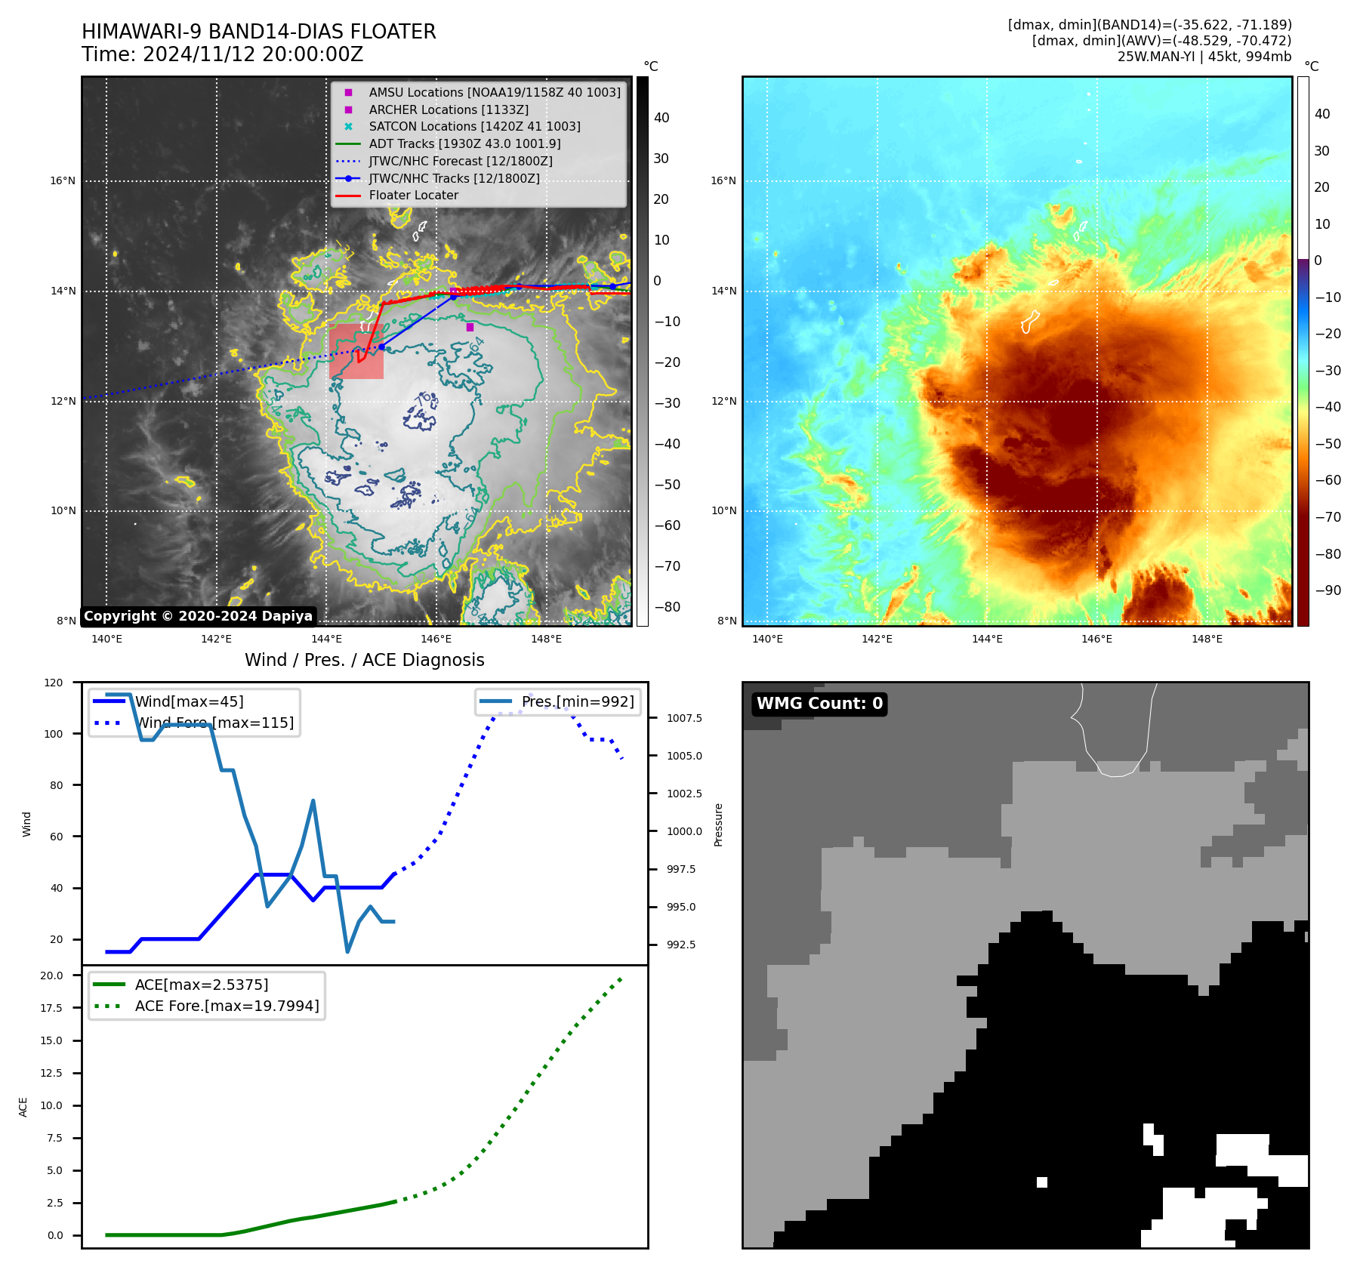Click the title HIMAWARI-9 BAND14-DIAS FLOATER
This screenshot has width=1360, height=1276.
[x=258, y=32]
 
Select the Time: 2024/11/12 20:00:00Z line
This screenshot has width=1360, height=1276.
[x=222, y=54]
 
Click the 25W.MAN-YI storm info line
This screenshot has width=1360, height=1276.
[x=1204, y=57]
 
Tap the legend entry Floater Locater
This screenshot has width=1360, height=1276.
[x=413, y=196]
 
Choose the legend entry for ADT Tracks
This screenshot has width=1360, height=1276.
[x=464, y=143]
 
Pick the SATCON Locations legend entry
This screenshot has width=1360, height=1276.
[x=474, y=126]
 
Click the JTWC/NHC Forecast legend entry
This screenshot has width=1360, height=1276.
[x=460, y=161]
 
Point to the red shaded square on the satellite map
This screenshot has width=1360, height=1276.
[x=356, y=351]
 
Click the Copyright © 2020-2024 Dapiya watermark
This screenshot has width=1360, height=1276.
[x=198, y=616]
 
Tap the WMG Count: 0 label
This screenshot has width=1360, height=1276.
[x=819, y=704]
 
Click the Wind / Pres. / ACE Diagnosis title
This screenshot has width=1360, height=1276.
[x=364, y=660]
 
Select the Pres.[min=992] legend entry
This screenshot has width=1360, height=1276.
[x=577, y=701]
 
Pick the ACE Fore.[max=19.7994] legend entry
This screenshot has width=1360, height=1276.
[x=227, y=1006]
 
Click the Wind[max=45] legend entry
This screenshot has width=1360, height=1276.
[x=189, y=701]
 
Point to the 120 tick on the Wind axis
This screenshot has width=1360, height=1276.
[x=54, y=683]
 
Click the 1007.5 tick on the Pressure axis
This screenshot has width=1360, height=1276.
[x=684, y=718]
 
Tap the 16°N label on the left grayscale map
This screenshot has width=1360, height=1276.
[x=63, y=180]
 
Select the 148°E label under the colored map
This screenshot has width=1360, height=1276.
[x=1206, y=639]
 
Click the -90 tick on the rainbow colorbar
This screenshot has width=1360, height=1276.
[x=1328, y=590]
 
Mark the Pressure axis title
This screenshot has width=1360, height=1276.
[x=718, y=824]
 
